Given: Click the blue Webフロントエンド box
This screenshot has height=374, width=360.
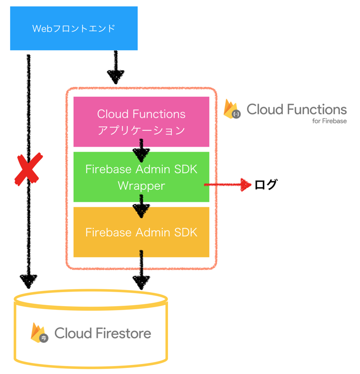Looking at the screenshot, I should tap(74, 28).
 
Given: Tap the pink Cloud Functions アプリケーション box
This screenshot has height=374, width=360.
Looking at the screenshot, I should tap(141, 121).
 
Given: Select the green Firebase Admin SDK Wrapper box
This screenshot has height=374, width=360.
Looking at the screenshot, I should tap(141, 177).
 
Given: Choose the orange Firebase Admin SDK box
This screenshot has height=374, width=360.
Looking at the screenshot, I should tap(141, 232).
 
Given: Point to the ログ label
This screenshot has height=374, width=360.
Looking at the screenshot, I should tap(265, 185).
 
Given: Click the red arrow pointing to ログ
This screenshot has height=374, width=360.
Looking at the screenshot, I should tap(228, 185).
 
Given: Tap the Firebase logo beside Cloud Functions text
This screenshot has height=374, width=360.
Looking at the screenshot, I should tap(232, 109).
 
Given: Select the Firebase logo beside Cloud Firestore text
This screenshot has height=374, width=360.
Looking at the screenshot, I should tap(39, 333).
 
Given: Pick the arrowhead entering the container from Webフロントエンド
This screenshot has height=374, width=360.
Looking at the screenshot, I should tap(116, 77).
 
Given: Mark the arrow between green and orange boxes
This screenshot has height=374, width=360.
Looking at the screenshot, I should tap(141, 205).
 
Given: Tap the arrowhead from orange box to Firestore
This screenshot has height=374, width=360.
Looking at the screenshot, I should tap(141, 282).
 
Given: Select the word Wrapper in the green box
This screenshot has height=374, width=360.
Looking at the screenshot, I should tap(141, 186).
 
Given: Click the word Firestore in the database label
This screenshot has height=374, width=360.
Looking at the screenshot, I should tap(123, 333).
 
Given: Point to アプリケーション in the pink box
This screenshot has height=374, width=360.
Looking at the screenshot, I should tap(141, 131).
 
